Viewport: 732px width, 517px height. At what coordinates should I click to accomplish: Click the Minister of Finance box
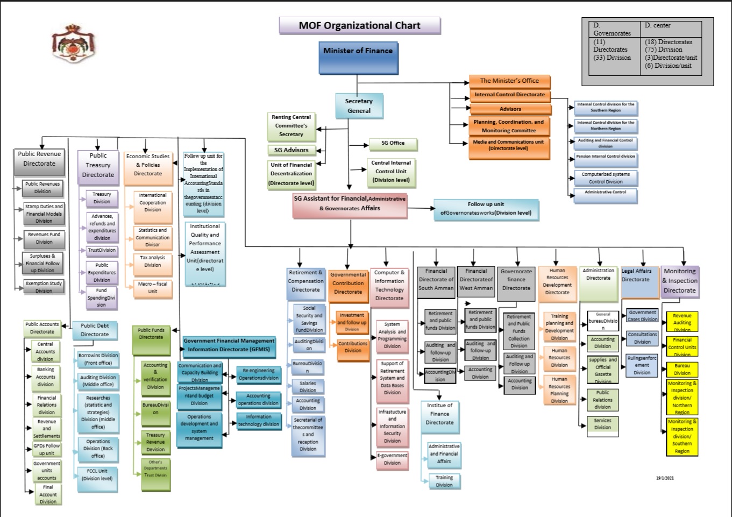pos(358,56)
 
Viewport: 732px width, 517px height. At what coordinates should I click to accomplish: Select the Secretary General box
pos(359,106)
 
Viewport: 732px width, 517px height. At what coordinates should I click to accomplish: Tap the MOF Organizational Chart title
pos(359,26)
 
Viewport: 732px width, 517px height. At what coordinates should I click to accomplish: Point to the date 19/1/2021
pos(665,478)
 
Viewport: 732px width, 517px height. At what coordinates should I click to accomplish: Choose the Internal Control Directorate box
pos(509,95)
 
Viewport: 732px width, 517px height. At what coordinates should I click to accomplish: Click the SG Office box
pos(393,143)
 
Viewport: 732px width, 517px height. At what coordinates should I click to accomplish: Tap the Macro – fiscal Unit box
pos(153,288)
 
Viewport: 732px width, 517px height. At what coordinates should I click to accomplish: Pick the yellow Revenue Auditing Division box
pos(682,322)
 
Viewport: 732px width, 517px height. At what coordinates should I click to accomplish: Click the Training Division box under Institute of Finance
pos(444,481)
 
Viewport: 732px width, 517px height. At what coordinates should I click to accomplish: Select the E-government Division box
pos(392,459)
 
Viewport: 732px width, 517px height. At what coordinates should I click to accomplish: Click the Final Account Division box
pos(48,494)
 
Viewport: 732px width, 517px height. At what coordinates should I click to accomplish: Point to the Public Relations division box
pos(602,400)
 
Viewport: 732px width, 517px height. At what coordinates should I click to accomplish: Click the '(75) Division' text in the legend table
pos(663,49)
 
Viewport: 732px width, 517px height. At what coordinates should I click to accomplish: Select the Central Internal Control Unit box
pos(391,171)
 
